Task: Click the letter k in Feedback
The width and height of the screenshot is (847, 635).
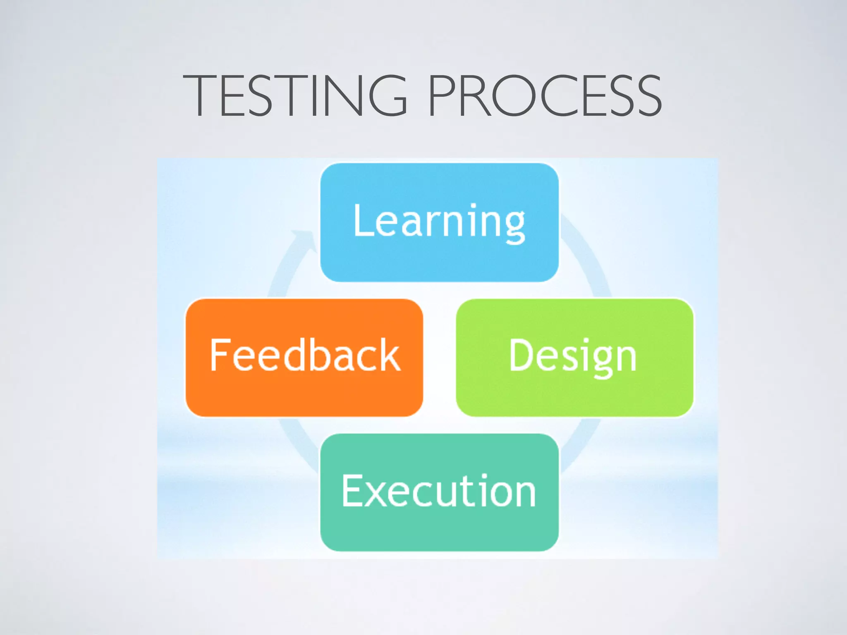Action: [390, 354]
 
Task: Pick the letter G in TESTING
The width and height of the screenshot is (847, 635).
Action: [388, 95]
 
